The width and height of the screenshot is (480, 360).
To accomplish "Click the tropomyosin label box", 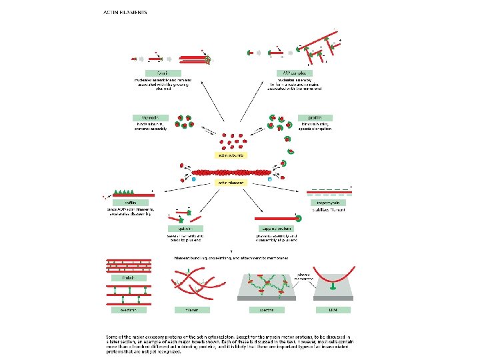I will pyautogui.click(x=327, y=202).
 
